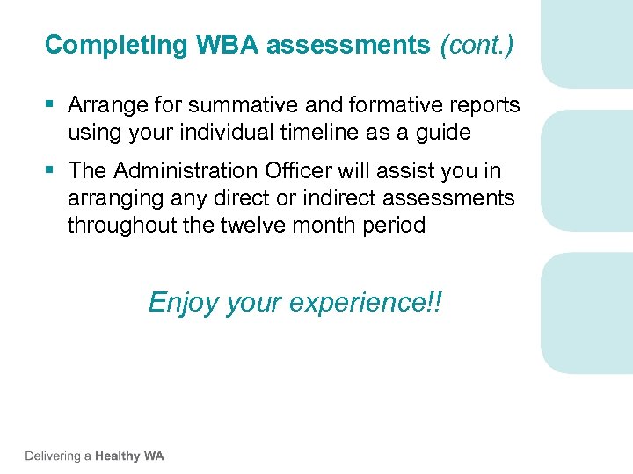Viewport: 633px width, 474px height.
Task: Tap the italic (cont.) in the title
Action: (x=477, y=45)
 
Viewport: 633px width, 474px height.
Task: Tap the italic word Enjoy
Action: (x=184, y=303)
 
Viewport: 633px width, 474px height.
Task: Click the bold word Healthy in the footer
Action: (x=118, y=456)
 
